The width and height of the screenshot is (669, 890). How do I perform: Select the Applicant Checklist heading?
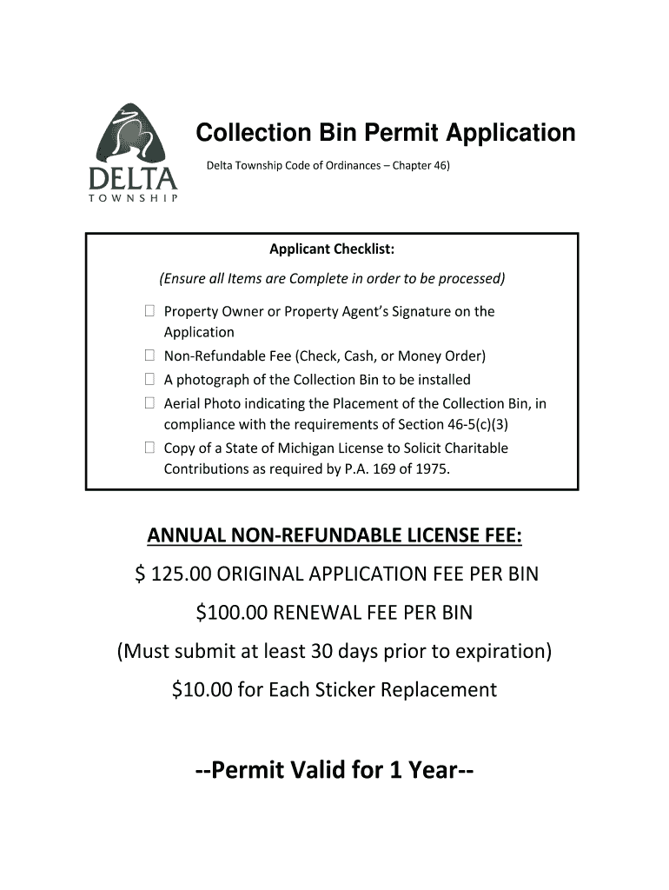[x=331, y=250]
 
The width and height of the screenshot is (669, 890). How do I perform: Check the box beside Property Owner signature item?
[x=149, y=311]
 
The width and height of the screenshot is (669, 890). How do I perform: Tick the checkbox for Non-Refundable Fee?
[x=149, y=355]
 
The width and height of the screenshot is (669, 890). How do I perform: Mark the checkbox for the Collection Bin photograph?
[x=149, y=380]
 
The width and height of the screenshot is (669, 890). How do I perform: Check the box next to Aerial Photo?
[x=149, y=403]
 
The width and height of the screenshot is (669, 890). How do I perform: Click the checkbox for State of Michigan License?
[x=149, y=448]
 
